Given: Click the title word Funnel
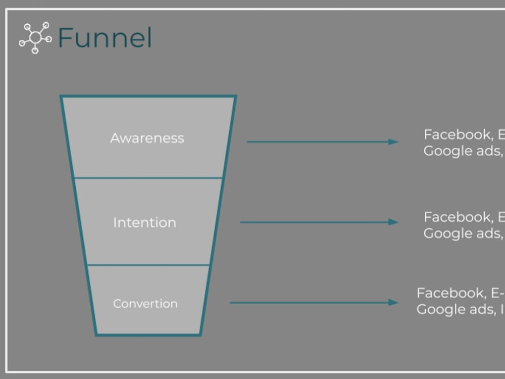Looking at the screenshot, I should click(105, 38).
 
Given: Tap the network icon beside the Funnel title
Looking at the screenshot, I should click(35, 38).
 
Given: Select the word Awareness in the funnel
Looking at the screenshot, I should click(147, 138).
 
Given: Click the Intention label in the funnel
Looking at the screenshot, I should click(144, 222).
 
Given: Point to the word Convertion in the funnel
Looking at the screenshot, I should click(145, 303).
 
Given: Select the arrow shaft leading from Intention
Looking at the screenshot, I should click(313, 222).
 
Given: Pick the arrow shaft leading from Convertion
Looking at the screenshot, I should click(308, 303).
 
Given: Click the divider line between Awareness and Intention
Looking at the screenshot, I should click(148, 178).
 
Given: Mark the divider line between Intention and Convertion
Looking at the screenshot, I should click(148, 265).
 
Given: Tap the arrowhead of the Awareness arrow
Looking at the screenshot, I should click(393, 142).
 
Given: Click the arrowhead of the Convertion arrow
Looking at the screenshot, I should click(393, 303).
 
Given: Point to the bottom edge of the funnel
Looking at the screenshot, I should click(148, 335).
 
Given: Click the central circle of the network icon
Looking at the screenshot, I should click(35, 37).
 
